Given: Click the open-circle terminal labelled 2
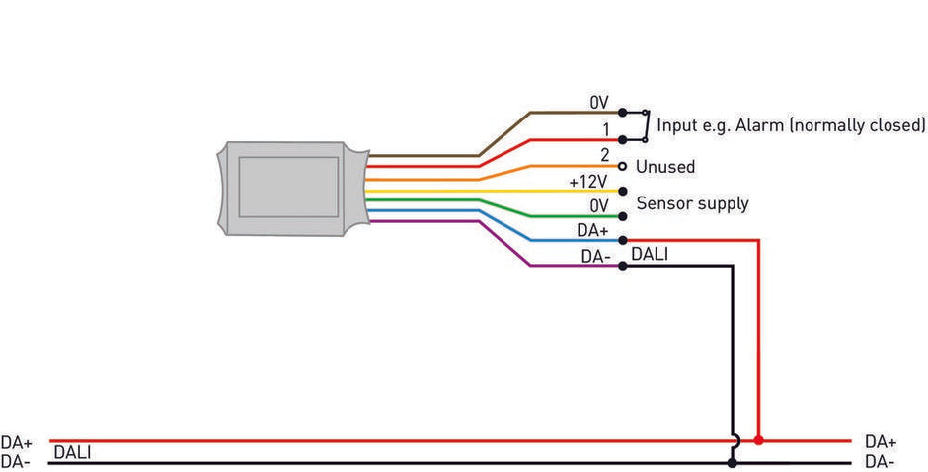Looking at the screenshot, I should point(622,166).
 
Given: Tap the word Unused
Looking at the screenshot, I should point(665,167).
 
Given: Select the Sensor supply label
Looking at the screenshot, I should point(692,204).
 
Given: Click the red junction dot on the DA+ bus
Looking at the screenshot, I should point(758,440).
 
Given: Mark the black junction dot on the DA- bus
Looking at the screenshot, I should point(732,462).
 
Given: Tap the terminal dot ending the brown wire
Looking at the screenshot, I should point(622,113).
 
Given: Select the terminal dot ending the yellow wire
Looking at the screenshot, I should point(622,191).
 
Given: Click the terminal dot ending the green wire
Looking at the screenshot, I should point(622,216).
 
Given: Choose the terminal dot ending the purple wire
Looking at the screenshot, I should point(622,266).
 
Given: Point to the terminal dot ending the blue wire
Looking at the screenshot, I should point(622,240).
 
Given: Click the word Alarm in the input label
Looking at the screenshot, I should point(741,125).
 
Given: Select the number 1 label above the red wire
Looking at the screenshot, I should point(604,129).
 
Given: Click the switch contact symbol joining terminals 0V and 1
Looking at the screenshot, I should point(645,125).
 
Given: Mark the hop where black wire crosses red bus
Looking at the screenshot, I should point(732,440).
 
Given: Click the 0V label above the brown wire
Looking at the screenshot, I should point(599,103).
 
